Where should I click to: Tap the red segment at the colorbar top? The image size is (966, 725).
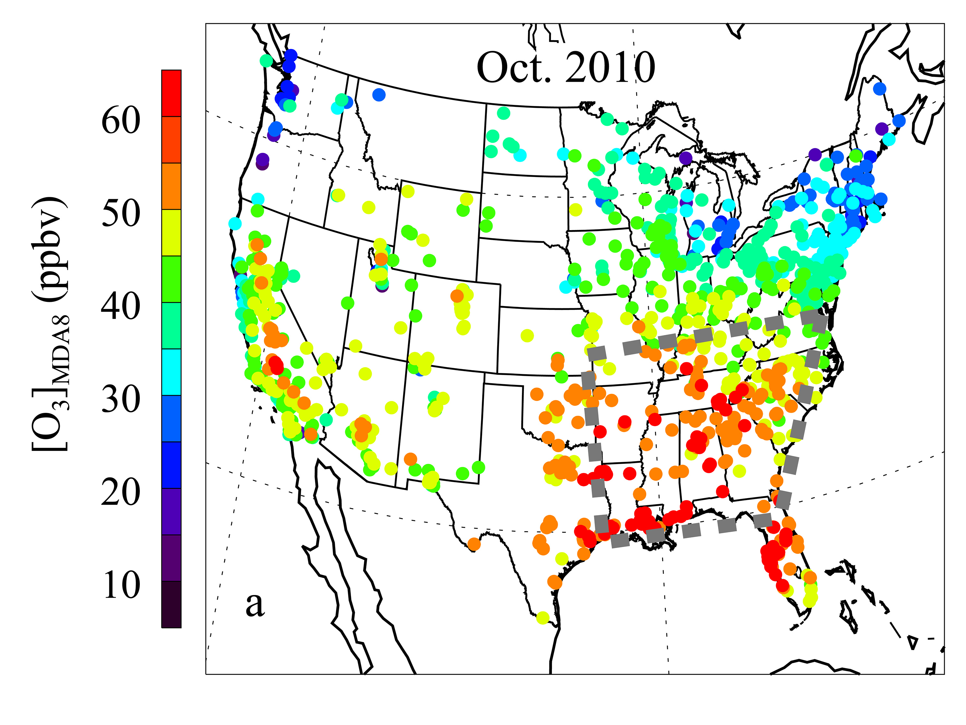point(171,93)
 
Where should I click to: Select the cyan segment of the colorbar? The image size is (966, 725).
point(171,372)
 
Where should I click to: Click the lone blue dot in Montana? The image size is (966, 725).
point(379,94)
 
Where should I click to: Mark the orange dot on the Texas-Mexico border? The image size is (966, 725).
point(474,544)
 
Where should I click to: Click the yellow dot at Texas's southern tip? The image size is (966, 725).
point(542,618)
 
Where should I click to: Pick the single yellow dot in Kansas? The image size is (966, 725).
point(527,336)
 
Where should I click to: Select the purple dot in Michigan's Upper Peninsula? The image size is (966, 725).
point(686,158)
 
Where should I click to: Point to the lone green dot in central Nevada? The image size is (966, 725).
point(348,302)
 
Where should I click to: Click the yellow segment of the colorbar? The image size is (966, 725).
point(171,233)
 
